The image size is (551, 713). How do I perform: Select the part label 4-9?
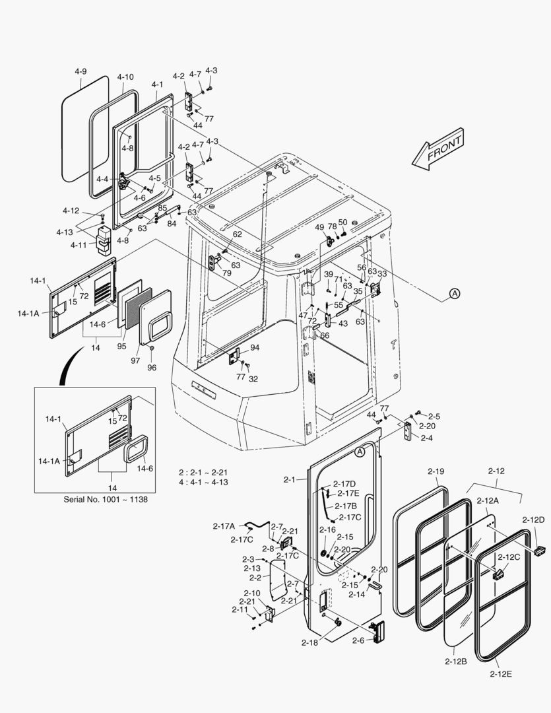point(81,71)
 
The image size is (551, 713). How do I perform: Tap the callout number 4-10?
point(125,77)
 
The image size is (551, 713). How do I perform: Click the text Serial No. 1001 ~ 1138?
point(106,499)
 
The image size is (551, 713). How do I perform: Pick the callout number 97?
point(135,360)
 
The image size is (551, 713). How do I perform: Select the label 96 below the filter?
point(151,368)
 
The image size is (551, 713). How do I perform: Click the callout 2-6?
point(358,640)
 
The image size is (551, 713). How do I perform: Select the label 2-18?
point(309,642)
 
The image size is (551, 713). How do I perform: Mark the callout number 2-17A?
point(224,526)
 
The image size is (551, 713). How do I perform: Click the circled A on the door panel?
point(360,452)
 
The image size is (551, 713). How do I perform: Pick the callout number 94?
point(254,347)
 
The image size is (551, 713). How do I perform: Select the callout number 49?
point(319,227)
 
